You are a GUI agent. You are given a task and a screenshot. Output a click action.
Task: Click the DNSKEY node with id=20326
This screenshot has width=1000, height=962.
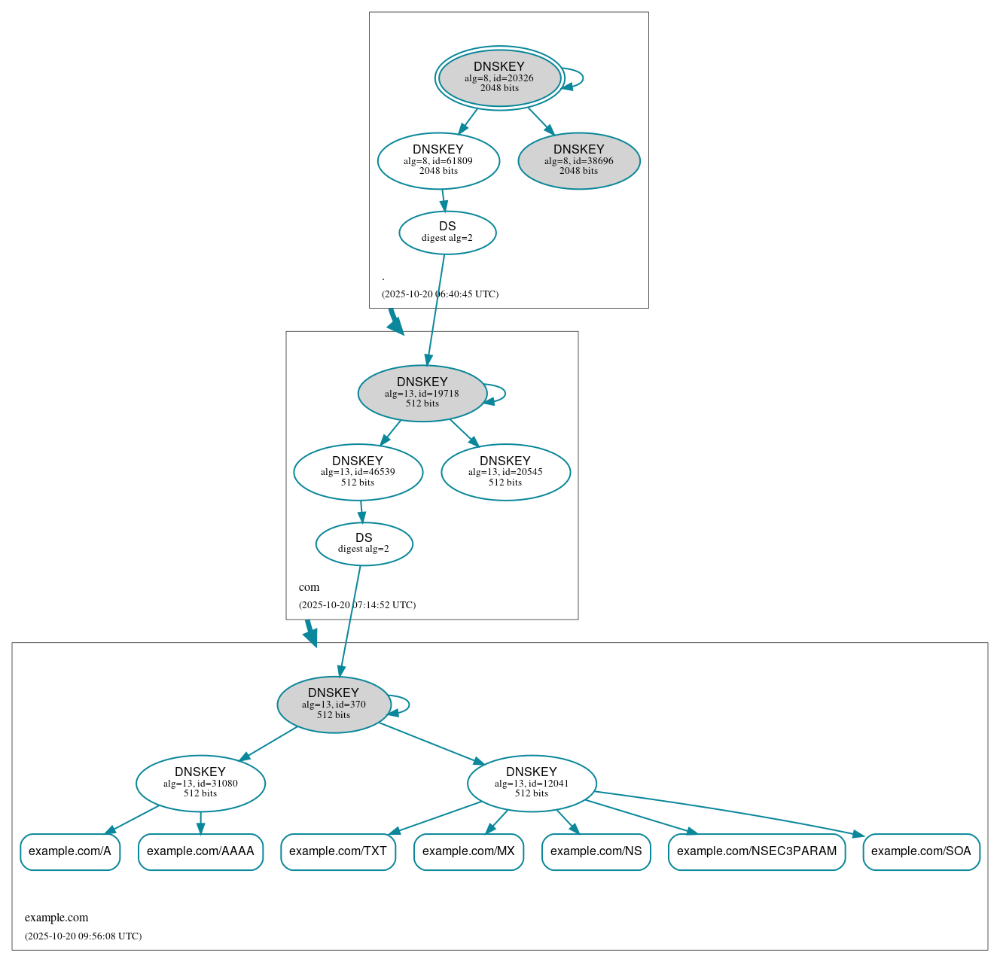(x=499, y=78)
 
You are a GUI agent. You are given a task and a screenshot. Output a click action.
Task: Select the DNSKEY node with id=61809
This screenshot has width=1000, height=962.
(x=438, y=160)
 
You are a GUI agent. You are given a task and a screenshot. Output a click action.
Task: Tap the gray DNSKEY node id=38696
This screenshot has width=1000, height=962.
(x=578, y=160)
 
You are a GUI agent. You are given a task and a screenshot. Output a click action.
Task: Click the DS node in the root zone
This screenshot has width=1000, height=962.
(x=447, y=233)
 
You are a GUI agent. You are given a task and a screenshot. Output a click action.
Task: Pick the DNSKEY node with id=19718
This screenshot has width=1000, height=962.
(x=422, y=393)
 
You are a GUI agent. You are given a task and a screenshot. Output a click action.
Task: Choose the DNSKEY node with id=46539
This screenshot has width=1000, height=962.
(x=358, y=472)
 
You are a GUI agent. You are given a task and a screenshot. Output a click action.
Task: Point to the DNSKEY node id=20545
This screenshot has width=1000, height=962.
(x=505, y=472)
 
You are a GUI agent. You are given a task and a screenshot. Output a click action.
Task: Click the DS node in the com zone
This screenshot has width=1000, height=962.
(x=364, y=543)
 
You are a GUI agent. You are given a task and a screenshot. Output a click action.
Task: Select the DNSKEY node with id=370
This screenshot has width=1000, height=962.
(x=334, y=705)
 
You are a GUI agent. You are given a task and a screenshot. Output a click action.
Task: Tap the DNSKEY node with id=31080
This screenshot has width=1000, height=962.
(x=200, y=783)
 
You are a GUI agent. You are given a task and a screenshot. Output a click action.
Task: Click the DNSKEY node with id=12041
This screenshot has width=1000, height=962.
(x=532, y=783)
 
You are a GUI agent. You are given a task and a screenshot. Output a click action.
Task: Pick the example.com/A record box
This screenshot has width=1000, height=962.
(x=70, y=851)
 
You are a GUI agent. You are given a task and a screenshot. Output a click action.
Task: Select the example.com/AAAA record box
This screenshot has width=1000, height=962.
(x=200, y=851)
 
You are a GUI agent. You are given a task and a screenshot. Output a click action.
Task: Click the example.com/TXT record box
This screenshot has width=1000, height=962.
(x=338, y=851)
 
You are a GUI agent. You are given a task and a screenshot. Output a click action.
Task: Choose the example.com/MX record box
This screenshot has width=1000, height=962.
(x=468, y=851)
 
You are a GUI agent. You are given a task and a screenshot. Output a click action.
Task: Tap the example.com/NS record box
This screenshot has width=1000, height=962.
(x=596, y=851)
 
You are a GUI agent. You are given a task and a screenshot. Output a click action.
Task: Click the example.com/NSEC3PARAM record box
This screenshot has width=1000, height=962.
(x=757, y=851)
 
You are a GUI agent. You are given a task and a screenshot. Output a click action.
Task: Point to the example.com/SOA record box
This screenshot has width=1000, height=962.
(x=921, y=851)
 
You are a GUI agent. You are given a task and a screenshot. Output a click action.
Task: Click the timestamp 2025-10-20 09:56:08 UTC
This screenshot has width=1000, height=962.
(x=83, y=936)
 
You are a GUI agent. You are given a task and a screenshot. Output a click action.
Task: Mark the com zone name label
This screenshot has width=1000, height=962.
(x=309, y=587)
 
